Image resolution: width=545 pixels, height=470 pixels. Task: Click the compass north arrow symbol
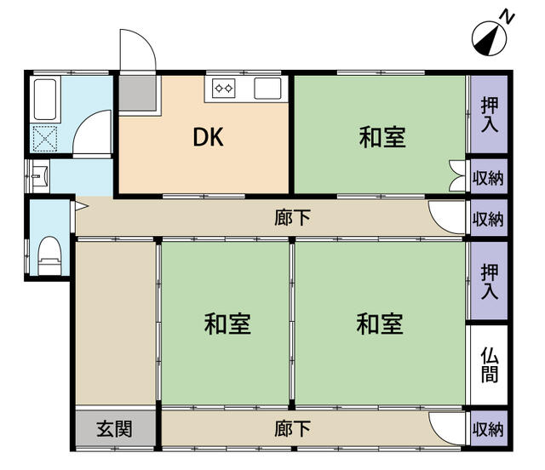click(487, 37)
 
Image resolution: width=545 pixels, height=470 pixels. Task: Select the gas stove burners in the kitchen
click(225, 87)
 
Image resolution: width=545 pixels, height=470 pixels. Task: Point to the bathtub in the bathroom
click(43, 100)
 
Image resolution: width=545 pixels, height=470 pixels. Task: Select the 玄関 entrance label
click(114, 429)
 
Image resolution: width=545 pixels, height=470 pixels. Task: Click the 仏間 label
click(489, 364)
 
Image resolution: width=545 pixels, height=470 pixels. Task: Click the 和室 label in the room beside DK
click(381, 137)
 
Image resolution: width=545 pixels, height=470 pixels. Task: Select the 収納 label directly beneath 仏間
click(489, 429)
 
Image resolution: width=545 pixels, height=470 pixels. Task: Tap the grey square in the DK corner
click(135, 95)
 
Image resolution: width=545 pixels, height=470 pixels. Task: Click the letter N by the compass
click(505, 15)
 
